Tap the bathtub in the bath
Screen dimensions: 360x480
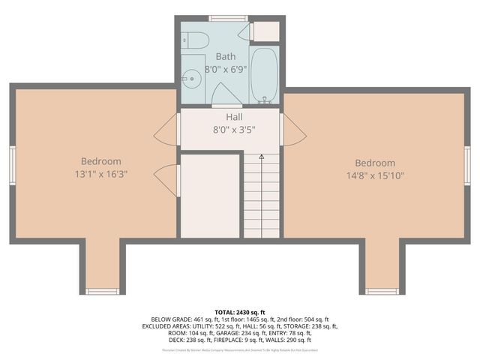[x=264, y=75]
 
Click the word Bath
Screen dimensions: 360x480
[x=226, y=56]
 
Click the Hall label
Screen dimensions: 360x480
[x=234, y=117]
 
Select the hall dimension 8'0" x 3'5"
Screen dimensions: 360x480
[x=234, y=129]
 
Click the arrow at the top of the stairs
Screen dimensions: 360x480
[x=261, y=157]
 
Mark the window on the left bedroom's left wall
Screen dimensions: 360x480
[x=12, y=164]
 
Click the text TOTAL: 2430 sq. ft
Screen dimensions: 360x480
[x=240, y=312]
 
